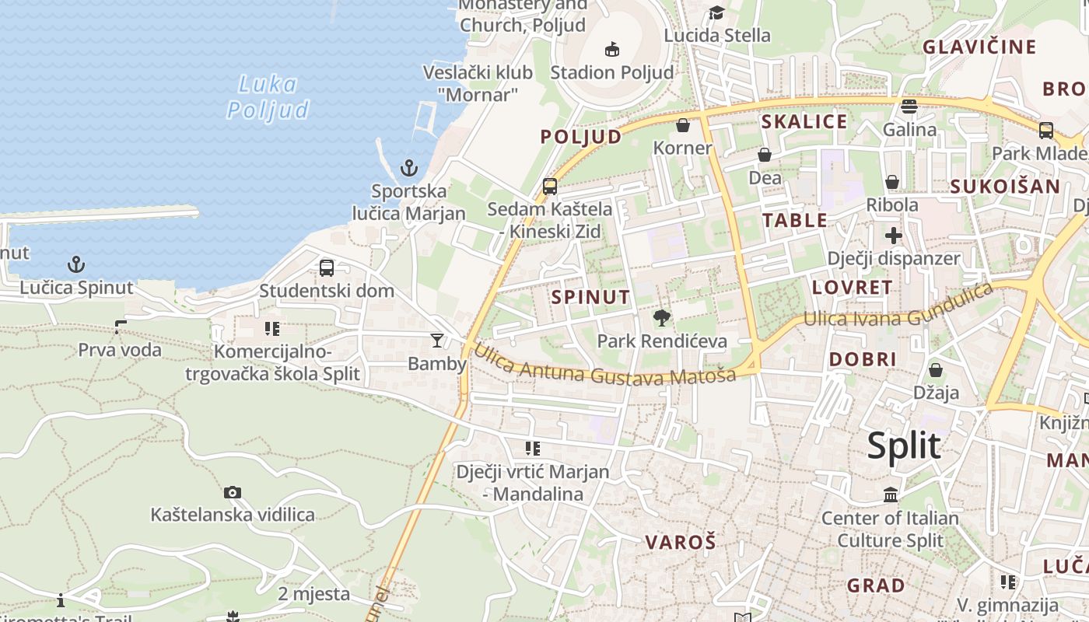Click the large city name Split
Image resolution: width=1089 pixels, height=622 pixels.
(x=904, y=446)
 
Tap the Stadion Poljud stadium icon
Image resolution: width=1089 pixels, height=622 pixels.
(x=612, y=49)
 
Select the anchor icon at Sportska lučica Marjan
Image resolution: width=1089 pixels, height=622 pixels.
(x=409, y=167)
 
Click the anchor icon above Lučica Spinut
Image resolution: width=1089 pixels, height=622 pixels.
(x=75, y=264)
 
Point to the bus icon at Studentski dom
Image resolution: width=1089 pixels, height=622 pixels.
(x=327, y=268)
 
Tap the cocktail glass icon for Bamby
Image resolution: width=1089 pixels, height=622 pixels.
(x=437, y=341)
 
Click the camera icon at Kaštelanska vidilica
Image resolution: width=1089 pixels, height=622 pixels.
(x=232, y=492)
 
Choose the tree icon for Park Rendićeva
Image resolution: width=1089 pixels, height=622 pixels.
(x=662, y=317)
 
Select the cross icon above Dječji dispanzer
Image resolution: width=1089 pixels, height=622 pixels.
(x=893, y=235)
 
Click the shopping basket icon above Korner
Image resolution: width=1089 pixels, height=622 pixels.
(x=683, y=125)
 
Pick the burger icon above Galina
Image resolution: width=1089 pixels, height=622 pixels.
(x=909, y=106)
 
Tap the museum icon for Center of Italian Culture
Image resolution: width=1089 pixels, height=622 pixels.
(x=891, y=494)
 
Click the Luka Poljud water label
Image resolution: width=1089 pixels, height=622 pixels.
(x=268, y=97)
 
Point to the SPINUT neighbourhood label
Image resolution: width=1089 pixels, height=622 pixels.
(x=590, y=296)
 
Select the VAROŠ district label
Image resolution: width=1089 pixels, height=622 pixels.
(x=680, y=542)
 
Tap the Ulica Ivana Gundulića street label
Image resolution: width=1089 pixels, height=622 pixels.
(x=898, y=307)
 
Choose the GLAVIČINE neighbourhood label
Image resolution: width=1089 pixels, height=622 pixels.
(x=979, y=47)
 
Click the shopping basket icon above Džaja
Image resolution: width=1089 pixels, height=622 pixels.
(x=936, y=370)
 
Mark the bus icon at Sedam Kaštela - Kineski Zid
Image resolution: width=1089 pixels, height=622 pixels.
(x=550, y=187)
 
